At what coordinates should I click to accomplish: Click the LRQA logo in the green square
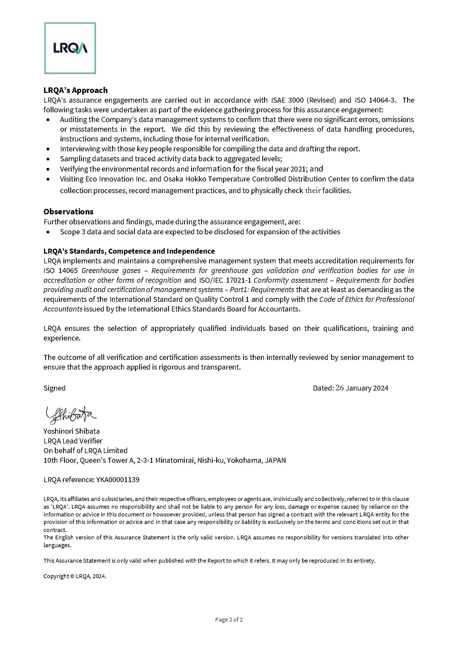point(70,48)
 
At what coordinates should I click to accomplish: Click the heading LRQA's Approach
point(76,90)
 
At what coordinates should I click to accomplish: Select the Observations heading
point(68,212)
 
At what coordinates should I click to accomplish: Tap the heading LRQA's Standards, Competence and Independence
point(129,251)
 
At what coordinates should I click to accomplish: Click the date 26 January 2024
point(362,388)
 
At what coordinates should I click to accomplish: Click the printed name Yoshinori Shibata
point(72,431)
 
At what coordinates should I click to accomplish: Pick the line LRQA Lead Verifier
point(73,441)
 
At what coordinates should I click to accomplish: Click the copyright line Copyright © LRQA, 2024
point(75,576)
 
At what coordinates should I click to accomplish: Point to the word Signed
point(55,388)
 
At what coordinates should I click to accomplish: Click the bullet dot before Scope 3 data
point(48,232)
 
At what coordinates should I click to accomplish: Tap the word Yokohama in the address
point(244,460)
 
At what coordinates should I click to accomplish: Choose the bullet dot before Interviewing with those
point(48,149)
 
